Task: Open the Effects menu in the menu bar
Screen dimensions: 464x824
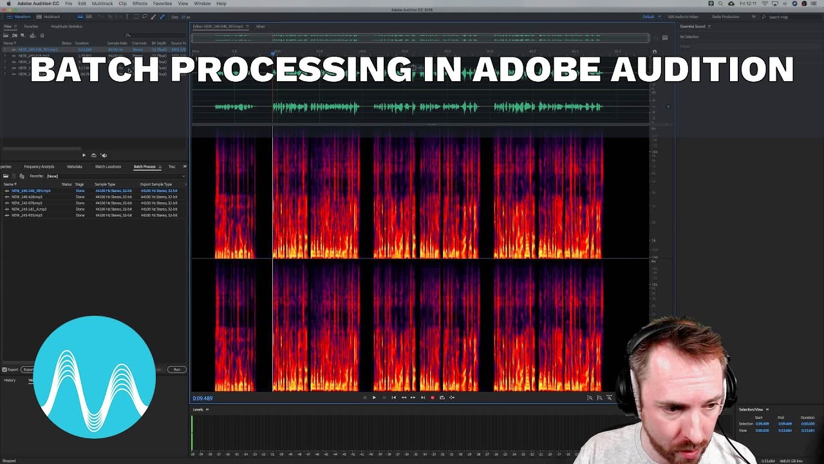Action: pyautogui.click(x=140, y=4)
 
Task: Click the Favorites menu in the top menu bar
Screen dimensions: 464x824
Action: pyautogui.click(x=162, y=4)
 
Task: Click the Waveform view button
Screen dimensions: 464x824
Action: pyautogui.click(x=22, y=17)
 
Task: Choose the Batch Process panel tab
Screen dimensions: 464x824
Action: pyautogui.click(x=144, y=167)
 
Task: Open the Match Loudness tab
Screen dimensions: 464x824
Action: pyautogui.click(x=108, y=167)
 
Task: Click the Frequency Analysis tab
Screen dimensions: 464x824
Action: pyautogui.click(x=39, y=167)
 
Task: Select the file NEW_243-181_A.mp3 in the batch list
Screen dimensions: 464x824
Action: pyautogui.click(x=28, y=209)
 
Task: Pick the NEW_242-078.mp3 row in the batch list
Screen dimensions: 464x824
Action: pyautogui.click(x=26, y=203)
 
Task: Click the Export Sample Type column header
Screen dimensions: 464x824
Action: pyautogui.click(x=156, y=184)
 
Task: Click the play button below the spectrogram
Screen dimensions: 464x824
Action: pyautogui.click(x=374, y=398)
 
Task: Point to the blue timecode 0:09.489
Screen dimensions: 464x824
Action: pyautogui.click(x=202, y=398)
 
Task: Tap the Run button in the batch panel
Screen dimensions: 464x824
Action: pyautogui.click(x=176, y=369)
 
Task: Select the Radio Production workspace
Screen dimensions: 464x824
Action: pyautogui.click(x=725, y=17)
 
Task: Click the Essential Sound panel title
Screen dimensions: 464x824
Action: pyautogui.click(x=692, y=26)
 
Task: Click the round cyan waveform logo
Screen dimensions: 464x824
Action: pyautogui.click(x=95, y=377)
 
